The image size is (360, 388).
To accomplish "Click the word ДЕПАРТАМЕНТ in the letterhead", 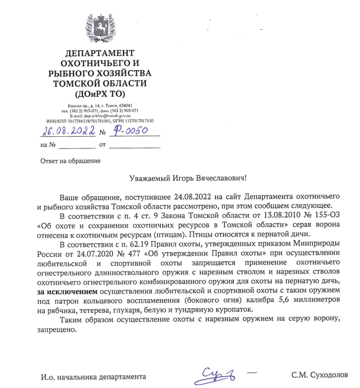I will click(x=100, y=53).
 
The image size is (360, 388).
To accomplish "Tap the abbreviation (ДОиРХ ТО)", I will click(x=100, y=94).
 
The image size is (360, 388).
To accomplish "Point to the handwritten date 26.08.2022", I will click(x=68, y=132).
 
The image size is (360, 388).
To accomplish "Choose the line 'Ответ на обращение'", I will click(x=70, y=161).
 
